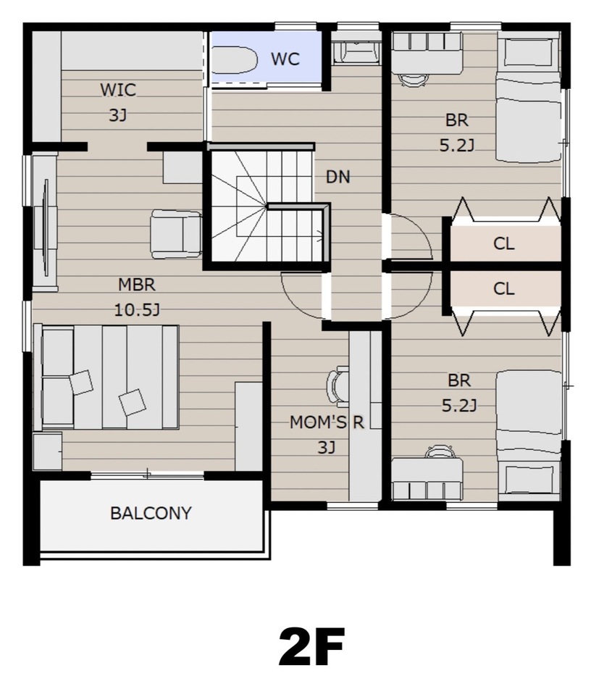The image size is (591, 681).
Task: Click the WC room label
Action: (x=285, y=59)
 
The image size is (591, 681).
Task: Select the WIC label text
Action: (x=118, y=90)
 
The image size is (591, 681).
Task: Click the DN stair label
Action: (x=338, y=177)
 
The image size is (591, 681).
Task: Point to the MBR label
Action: (x=137, y=285)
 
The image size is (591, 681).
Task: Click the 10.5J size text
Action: (x=137, y=310)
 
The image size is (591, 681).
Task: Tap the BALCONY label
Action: (x=151, y=514)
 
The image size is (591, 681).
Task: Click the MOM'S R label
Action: (x=327, y=422)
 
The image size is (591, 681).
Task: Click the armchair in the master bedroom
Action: (x=176, y=234)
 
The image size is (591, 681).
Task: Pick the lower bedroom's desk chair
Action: (x=440, y=451)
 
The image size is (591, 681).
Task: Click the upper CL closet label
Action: (x=503, y=243)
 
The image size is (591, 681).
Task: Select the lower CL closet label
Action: (x=503, y=288)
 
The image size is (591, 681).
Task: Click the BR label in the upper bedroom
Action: (x=457, y=120)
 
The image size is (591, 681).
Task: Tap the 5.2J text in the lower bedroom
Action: (x=459, y=406)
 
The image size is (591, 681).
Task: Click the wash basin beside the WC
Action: (x=356, y=52)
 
